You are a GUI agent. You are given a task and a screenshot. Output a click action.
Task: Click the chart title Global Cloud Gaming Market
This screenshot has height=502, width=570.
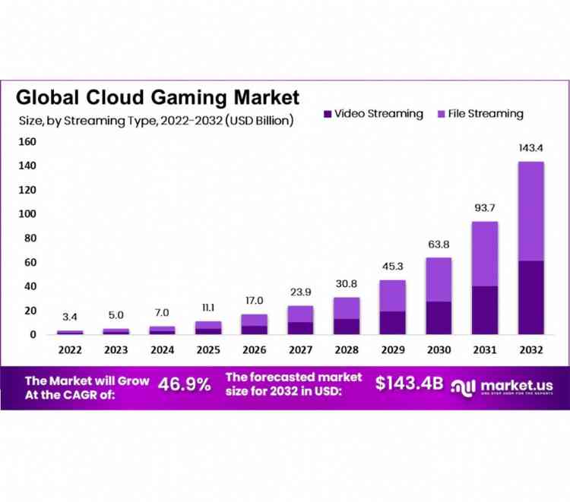(x=158, y=97)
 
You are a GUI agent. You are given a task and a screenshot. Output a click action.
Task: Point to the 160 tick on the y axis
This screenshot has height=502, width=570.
(x=27, y=141)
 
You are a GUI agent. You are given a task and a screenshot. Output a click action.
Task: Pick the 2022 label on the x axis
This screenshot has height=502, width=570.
(x=70, y=349)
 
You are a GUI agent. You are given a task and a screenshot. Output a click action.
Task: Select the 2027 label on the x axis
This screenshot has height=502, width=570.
(x=300, y=349)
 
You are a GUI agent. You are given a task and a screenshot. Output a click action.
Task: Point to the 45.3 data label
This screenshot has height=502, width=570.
(x=392, y=267)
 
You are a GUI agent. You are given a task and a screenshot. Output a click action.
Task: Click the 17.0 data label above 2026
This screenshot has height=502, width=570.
(x=254, y=301)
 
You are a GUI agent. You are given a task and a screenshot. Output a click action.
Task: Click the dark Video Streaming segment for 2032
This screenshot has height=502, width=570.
(x=530, y=297)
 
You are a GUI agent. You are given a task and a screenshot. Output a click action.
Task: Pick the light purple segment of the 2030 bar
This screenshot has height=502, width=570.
(x=439, y=279)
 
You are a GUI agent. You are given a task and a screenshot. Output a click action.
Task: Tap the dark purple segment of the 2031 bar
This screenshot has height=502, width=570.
(x=485, y=310)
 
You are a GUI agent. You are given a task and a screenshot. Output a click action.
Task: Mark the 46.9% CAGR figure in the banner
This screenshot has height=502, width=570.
(x=184, y=385)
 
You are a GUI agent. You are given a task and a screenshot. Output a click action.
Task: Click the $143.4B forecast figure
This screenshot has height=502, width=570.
(x=409, y=384)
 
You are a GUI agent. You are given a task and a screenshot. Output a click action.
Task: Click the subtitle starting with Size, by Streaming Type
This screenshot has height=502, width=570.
(x=156, y=119)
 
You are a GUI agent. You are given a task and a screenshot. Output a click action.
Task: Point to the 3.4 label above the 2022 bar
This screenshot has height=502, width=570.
(x=70, y=317)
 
